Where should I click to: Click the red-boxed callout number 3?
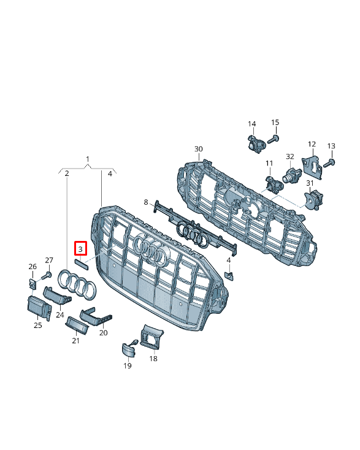pyautogui.click(x=80, y=248)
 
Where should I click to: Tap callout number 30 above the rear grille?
pyautogui.click(x=199, y=149)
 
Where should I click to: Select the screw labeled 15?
pyautogui.click(x=274, y=140)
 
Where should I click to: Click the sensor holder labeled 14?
pyautogui.click(x=256, y=143)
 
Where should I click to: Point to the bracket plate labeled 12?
pyautogui.click(x=312, y=167)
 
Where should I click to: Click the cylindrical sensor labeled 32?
pyautogui.click(x=292, y=175)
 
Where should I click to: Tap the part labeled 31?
pyautogui.click(x=313, y=199)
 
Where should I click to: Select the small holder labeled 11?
pyautogui.click(x=275, y=185)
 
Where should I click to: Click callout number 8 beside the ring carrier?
pyautogui.click(x=146, y=202)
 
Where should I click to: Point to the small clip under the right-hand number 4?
pyautogui.click(x=229, y=276)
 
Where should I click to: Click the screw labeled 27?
pyautogui.click(x=47, y=276)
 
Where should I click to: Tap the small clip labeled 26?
pyautogui.click(x=33, y=284)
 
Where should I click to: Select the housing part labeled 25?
pyautogui.click(x=39, y=308)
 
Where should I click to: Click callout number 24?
pyautogui.click(x=59, y=315)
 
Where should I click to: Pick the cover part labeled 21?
pyautogui.click(x=77, y=326)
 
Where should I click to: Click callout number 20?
pyautogui.click(x=104, y=333)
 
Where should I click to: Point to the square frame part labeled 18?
pyautogui.click(x=151, y=337)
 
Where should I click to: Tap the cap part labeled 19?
pyautogui.click(x=127, y=351)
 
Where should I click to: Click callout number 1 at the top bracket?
pyautogui.click(x=88, y=159)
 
